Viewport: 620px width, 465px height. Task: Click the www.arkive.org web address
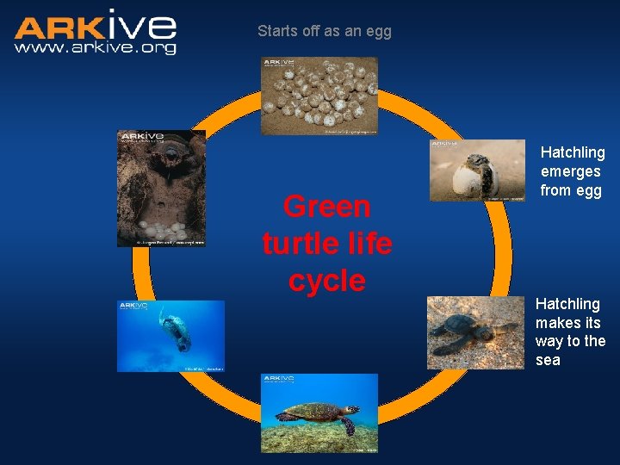coord(95,48)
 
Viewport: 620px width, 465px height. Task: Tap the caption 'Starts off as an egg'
coord(325,31)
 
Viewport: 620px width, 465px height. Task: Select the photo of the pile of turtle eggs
coord(319,96)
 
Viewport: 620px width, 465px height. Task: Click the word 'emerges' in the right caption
coord(570,171)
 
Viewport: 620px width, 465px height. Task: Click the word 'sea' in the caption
coord(548,360)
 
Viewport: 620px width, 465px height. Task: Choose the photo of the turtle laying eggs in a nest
coord(161,189)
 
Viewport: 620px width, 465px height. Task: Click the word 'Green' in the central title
coord(327,208)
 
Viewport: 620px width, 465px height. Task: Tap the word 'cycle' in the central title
coord(327,281)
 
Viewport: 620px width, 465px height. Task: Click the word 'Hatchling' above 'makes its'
coord(567,304)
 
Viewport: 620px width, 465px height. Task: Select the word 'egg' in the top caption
coord(378,31)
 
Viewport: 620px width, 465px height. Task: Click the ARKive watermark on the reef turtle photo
coord(279,379)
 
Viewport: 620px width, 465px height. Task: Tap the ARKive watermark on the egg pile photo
coord(279,63)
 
